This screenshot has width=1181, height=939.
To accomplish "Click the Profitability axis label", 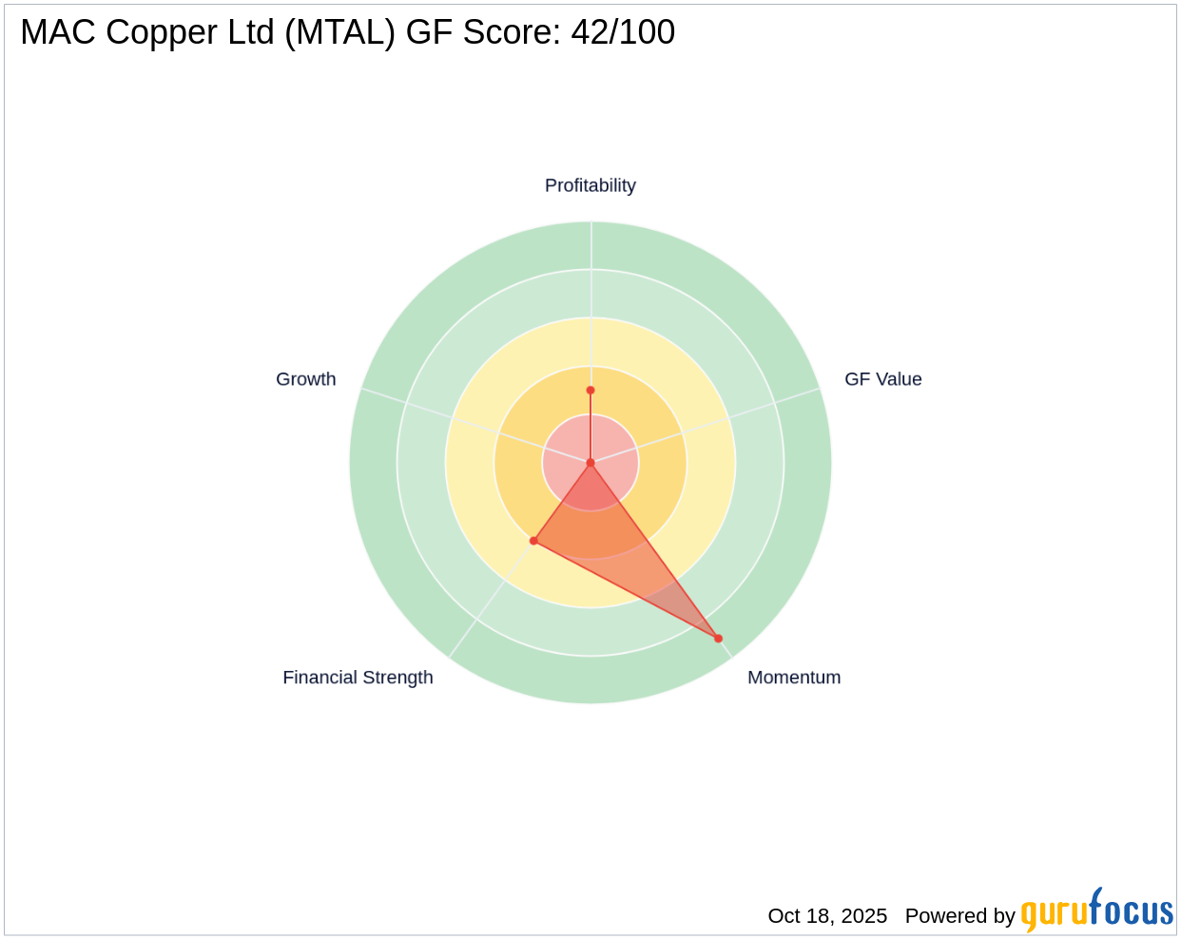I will point(590,185).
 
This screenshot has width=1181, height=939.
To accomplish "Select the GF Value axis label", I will point(882,379).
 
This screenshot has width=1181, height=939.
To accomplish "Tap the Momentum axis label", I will point(793,678).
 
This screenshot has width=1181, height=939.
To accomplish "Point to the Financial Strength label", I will point(358,678).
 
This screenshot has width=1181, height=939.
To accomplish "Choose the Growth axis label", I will point(305,379).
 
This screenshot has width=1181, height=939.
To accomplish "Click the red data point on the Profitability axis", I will point(590,390).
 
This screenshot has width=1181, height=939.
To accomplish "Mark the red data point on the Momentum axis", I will point(718,639).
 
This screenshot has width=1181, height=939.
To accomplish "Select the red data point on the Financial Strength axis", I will point(533,541).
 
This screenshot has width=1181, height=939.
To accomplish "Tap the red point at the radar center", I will point(590,463).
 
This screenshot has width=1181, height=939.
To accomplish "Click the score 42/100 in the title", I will point(623,32).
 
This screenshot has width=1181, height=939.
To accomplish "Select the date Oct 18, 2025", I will point(827,915).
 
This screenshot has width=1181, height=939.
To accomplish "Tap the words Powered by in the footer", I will point(959,915).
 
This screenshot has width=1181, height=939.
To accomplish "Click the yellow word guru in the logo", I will point(1055,913).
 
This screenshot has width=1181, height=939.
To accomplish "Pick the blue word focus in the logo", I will point(1132,911).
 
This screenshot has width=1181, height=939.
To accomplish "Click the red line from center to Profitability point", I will point(590,428).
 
